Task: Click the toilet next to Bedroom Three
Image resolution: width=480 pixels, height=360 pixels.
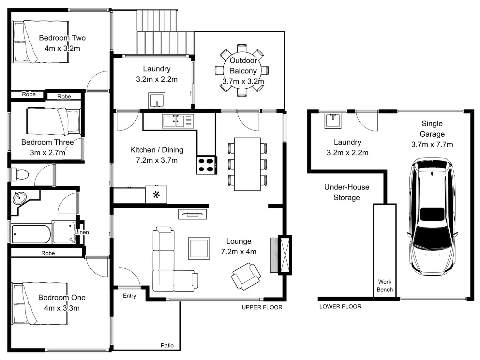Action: point(20,174)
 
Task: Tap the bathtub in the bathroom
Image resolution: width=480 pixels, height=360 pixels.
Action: point(31,234)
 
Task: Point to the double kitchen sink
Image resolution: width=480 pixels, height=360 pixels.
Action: point(175,121)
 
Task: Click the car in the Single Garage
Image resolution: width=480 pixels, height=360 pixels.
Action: point(432,215)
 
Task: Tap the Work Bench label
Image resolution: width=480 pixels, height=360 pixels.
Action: point(385,286)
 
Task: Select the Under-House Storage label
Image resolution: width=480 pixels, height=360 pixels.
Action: point(347,192)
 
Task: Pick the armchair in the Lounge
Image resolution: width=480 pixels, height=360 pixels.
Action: point(246,277)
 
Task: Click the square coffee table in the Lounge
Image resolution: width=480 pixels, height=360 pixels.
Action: point(199,248)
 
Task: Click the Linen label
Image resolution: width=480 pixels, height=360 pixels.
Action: point(82,232)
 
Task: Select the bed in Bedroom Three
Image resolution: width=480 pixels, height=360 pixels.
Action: point(53,121)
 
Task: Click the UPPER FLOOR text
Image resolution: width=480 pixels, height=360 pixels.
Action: point(262,307)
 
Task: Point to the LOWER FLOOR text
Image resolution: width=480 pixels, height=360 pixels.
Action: point(340,307)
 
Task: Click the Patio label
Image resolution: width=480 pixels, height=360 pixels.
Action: point(167,345)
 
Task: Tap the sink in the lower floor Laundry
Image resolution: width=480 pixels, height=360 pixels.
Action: point(333,121)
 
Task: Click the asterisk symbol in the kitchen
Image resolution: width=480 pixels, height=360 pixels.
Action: point(156,195)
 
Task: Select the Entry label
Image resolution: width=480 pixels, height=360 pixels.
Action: point(129,296)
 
